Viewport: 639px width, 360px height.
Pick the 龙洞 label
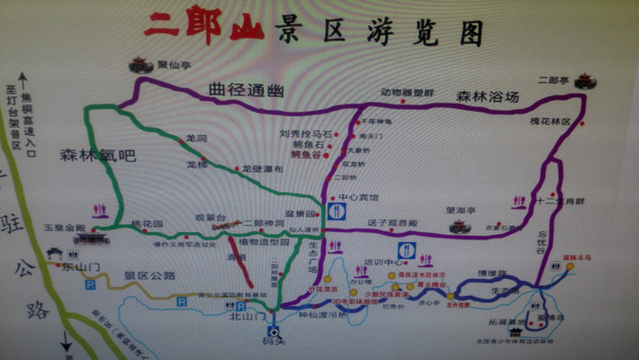pos(196,139)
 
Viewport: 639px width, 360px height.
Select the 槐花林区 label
pos(551,121)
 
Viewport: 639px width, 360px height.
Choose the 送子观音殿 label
pos(393,221)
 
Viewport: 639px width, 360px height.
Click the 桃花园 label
pos(144,222)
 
